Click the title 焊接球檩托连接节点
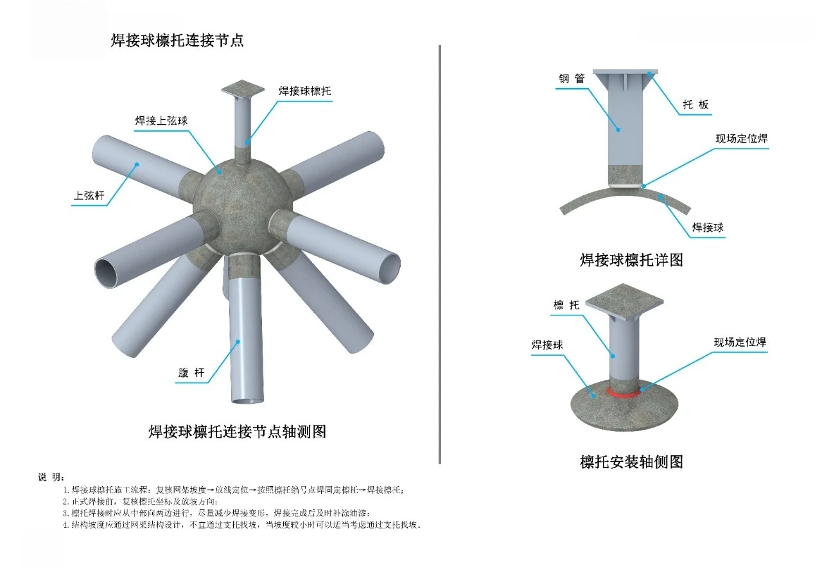click(x=177, y=40)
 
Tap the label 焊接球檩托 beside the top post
click(x=305, y=91)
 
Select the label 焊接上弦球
click(x=161, y=121)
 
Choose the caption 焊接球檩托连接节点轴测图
click(x=237, y=431)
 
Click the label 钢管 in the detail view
click(x=571, y=79)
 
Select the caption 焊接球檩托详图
click(x=631, y=259)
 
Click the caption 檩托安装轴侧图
click(x=631, y=461)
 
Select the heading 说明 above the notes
click(x=51, y=477)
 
